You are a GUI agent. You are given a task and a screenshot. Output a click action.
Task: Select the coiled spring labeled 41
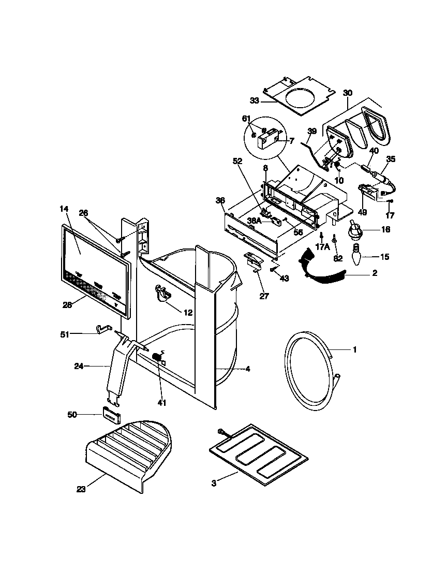[157, 357]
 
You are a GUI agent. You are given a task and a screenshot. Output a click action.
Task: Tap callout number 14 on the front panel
[64, 209]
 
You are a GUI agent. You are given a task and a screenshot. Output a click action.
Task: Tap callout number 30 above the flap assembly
[347, 92]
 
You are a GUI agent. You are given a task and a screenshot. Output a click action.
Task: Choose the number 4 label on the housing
[248, 369]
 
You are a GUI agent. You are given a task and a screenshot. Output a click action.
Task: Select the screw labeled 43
[273, 270]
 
